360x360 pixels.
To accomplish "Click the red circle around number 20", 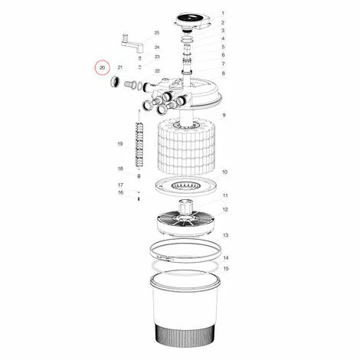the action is [x=102, y=61].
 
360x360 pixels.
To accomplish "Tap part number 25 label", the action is [x=157, y=33].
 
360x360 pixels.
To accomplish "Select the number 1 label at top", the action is [x=223, y=13].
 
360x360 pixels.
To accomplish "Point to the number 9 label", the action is [x=224, y=115].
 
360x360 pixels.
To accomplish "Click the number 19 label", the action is [x=120, y=144].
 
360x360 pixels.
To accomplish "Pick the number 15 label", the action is [x=226, y=269].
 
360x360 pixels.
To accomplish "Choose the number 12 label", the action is [x=225, y=209].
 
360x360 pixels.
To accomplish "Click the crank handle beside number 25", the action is [x=133, y=43].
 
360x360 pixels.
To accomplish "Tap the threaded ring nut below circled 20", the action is [x=115, y=82].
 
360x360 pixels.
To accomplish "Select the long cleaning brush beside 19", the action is [x=139, y=144].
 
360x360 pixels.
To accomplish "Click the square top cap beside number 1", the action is [x=193, y=21].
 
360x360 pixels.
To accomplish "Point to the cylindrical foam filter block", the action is [x=186, y=148].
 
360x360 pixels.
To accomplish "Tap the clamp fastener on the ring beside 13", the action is [x=164, y=258].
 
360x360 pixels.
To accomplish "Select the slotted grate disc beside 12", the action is [x=185, y=221].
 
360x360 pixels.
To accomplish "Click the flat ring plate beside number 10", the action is [x=185, y=187].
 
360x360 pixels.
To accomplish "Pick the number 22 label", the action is [x=157, y=71].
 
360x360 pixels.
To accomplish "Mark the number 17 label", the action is [x=120, y=185].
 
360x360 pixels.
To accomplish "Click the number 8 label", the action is [x=224, y=74].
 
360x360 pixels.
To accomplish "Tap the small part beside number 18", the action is [x=139, y=176].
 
